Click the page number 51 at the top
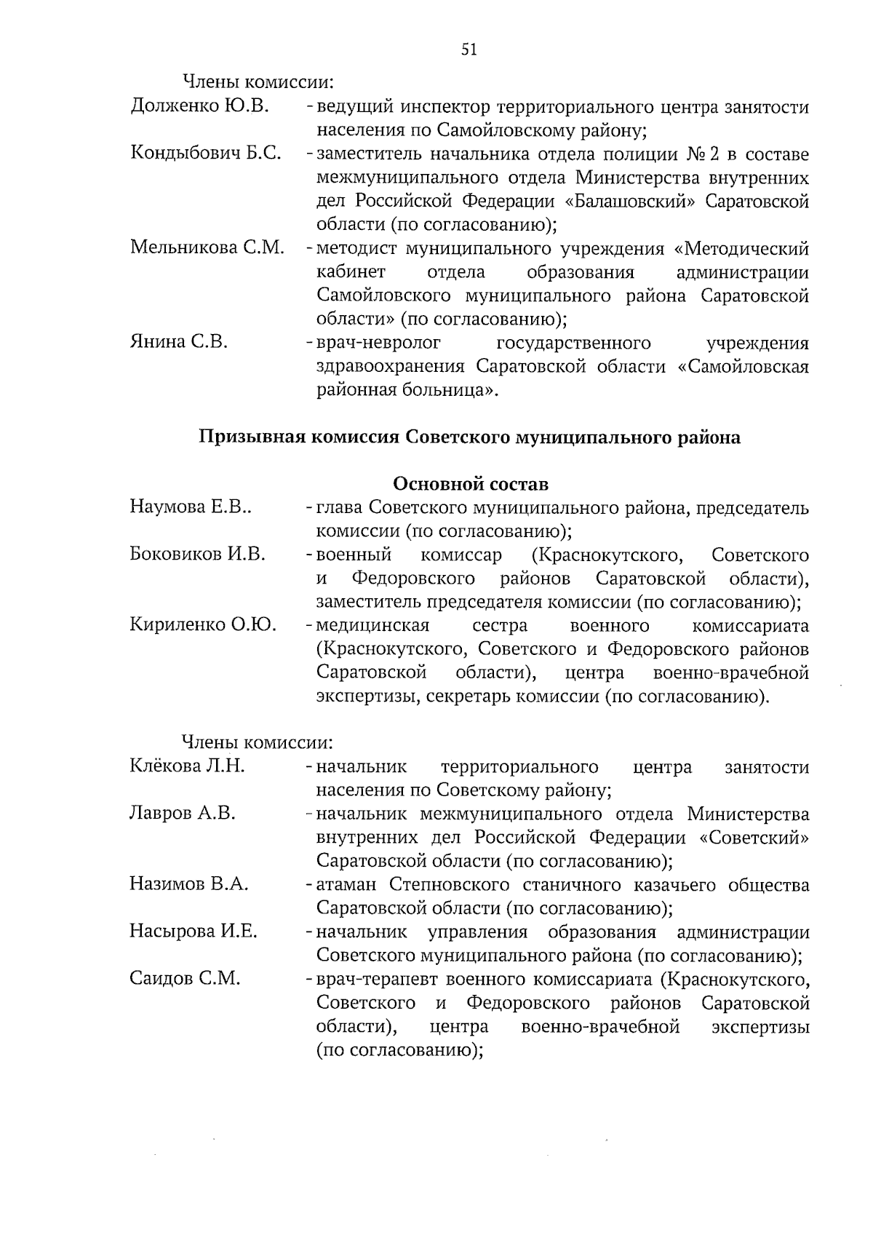[469, 49]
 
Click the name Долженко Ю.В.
[199, 106]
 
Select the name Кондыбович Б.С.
[205, 154]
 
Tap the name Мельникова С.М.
[207, 247]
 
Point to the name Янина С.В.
[178, 341]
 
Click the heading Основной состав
[470, 484]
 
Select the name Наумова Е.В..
[191, 507]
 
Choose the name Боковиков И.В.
[197, 555]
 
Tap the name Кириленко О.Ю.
[202, 625]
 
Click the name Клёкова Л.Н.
[187, 766]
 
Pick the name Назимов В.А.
[189, 884]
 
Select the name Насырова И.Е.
[193, 932]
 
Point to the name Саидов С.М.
[185, 979]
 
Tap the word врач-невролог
[378, 342]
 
